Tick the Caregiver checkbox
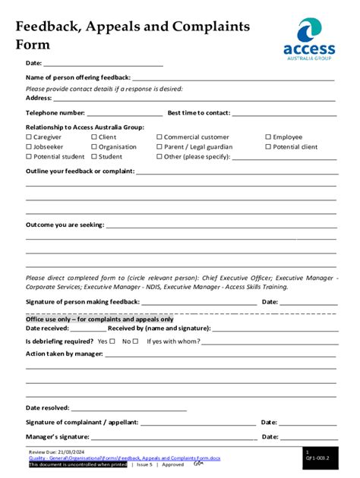point(29,137)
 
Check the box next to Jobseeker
point(29,147)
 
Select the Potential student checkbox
point(29,157)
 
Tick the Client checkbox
point(93,137)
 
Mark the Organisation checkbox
point(93,147)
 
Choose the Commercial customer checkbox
point(159,137)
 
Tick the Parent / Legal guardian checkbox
point(159,147)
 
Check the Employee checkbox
point(268,137)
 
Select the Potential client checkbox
point(268,147)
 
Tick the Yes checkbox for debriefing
point(112,341)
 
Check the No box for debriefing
point(136,341)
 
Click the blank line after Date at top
point(103,64)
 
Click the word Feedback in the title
point(47,27)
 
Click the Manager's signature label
point(58,437)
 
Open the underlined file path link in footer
point(125,458)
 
